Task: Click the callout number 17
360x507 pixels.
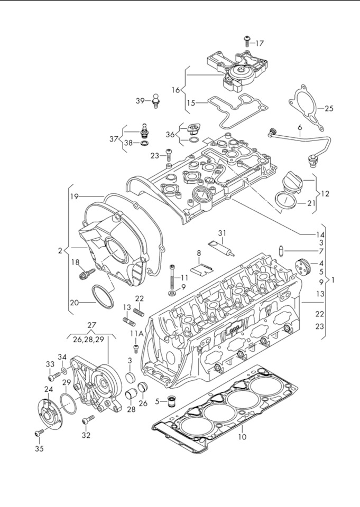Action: coord(260,43)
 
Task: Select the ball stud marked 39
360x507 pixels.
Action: coord(156,100)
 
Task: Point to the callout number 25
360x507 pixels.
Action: coord(329,109)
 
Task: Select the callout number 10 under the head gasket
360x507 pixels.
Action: coord(242,437)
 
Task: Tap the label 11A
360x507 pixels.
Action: coord(137,334)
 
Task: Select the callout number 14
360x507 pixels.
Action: coord(320,233)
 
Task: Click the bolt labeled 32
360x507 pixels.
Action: coord(87,420)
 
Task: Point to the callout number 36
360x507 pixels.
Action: coord(170,134)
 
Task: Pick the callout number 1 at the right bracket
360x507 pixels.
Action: coord(333,280)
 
